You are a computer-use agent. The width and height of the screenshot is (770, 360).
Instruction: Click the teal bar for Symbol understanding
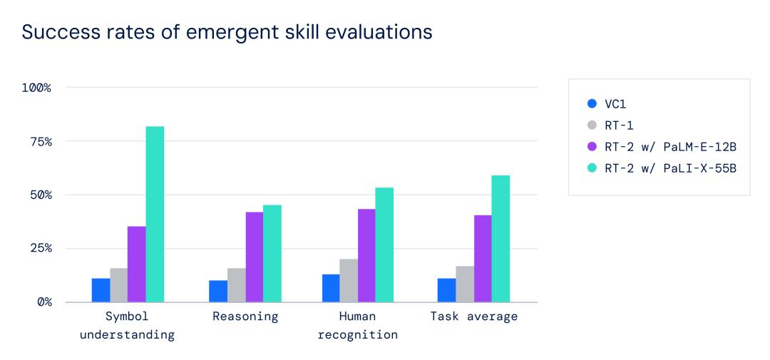click(155, 214)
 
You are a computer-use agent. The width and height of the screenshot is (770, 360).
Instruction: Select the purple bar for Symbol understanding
click(137, 264)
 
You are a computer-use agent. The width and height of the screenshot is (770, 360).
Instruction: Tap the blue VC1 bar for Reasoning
click(217, 291)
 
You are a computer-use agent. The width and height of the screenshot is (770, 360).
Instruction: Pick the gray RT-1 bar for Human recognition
click(349, 280)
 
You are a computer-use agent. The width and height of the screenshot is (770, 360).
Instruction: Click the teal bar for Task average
click(500, 238)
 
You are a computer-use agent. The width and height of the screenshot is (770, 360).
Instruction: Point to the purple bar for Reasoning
click(254, 257)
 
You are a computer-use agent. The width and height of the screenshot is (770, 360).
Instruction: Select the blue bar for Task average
click(446, 290)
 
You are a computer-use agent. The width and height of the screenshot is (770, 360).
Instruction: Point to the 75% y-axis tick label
click(38, 141)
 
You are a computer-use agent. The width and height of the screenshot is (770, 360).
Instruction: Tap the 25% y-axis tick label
click(38, 248)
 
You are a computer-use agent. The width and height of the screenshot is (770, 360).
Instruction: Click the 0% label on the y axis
click(43, 302)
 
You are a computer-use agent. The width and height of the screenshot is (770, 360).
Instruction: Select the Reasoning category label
click(245, 317)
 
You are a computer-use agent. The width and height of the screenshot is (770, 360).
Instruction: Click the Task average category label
click(474, 317)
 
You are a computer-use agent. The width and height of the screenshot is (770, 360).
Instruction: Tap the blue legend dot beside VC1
click(592, 103)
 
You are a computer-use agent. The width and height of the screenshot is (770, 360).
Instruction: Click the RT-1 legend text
click(619, 125)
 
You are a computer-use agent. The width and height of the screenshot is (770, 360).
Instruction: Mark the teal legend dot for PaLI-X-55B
click(592, 169)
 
